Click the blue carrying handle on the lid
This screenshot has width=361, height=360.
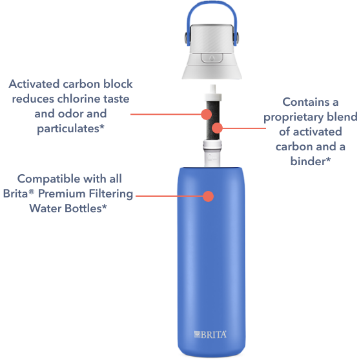[x=211, y=5]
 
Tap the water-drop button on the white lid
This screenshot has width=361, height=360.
[x=212, y=57]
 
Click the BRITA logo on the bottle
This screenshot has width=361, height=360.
[x=210, y=334]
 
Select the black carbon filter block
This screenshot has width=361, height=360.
[x=212, y=120]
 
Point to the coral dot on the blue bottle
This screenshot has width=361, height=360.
[x=209, y=196]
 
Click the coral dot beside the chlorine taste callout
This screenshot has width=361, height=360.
[x=206, y=114]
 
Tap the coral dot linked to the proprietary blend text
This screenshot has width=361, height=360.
[x=217, y=128]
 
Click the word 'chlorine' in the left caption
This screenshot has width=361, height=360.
[x=79, y=99]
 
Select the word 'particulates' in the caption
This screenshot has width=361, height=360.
[x=68, y=128]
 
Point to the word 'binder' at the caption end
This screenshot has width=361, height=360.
[x=308, y=161]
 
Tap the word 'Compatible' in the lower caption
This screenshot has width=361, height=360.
[x=48, y=179]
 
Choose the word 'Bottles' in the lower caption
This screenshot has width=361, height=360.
[x=83, y=208]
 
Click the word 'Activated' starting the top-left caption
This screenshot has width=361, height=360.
[x=34, y=84]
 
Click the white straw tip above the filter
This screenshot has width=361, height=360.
[x=213, y=89]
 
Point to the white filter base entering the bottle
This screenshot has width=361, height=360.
[x=212, y=154]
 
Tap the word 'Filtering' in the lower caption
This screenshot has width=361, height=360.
[x=111, y=194]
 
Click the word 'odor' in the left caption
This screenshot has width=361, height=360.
[x=68, y=114]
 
